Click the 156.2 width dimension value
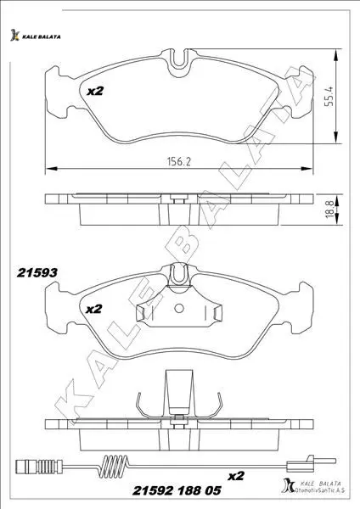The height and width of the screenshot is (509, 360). tap(178, 161)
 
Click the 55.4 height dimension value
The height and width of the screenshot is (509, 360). tap(329, 96)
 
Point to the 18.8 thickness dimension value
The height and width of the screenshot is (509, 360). tap(329, 209)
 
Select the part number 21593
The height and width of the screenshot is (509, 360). tap(37, 272)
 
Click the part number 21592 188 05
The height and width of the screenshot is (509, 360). tap(177, 490)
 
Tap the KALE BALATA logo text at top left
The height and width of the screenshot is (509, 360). tap(42, 36)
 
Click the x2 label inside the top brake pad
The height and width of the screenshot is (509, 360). tap(95, 92)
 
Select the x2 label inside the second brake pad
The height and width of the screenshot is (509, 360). tap(94, 309)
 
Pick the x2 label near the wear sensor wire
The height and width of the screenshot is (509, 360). tap(235, 476)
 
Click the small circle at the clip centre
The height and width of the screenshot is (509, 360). tap(178, 308)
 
